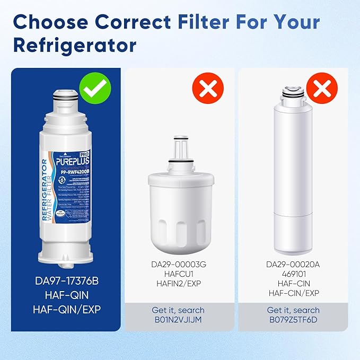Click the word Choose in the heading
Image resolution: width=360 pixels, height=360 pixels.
click(x=56, y=22)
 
